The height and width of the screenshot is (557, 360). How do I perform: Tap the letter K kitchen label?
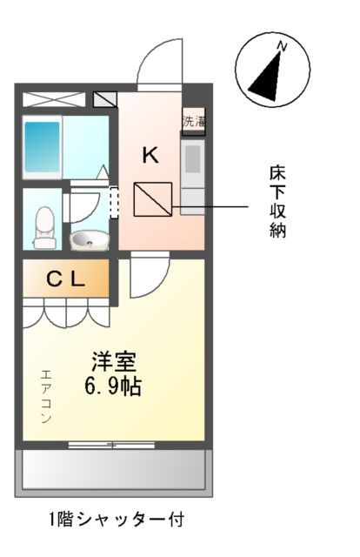click(150, 156)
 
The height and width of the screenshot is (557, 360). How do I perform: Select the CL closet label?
click(65, 279)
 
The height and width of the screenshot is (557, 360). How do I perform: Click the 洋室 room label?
click(113, 359)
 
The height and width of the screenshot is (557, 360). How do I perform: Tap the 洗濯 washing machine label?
click(193, 121)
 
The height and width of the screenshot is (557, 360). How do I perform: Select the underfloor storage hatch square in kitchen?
click(152, 202)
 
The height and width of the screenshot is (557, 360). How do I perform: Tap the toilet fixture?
click(42, 226)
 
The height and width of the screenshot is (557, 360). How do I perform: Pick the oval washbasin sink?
click(87, 238)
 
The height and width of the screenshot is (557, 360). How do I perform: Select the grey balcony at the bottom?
click(113, 470)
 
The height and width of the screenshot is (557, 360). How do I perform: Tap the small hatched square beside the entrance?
click(105, 99)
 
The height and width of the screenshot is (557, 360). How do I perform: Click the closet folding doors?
click(65, 312)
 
